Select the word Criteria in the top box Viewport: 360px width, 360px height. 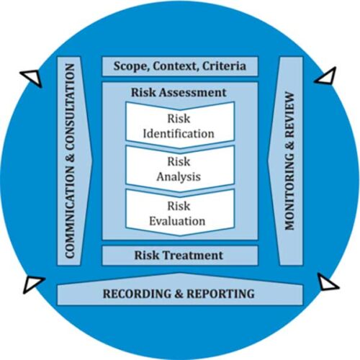pyautogui.click(x=224, y=66)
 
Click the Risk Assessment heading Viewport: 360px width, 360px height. pyautogui.click(x=179, y=93)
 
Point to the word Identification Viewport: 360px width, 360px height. pyautogui.click(x=179, y=134)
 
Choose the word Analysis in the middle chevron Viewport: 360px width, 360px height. pyautogui.click(x=179, y=177)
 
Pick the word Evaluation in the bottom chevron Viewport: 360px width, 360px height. pyautogui.click(x=177, y=221)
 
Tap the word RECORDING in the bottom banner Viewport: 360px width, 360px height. pyautogui.click(x=138, y=294)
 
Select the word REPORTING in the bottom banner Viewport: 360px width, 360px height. pyautogui.click(x=220, y=294)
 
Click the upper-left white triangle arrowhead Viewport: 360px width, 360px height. pyautogui.click(x=32, y=77)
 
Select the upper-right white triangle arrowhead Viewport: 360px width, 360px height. pyautogui.click(x=326, y=76)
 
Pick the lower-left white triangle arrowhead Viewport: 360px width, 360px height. pyautogui.click(x=33, y=284)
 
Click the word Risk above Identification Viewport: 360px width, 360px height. pyautogui.click(x=179, y=119)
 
